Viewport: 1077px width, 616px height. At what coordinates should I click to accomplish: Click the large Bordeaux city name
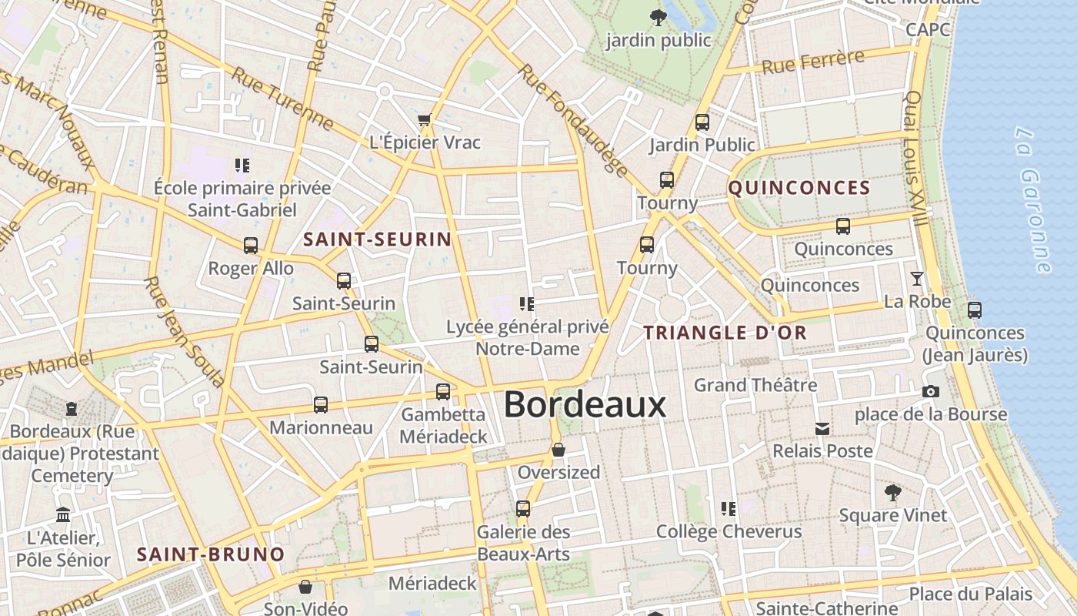(585, 404)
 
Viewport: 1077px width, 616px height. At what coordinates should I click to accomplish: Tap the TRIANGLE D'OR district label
(725, 333)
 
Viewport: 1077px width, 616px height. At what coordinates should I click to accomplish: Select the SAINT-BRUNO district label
(210, 554)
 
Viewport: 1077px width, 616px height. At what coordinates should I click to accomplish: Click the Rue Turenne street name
(282, 99)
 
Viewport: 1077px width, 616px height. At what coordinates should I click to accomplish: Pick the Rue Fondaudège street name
(572, 119)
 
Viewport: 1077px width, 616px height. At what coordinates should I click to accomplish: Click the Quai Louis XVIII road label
(916, 158)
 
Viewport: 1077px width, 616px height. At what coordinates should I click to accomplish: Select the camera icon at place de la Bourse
(931, 392)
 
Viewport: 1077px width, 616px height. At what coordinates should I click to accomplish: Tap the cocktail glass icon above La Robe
(916, 279)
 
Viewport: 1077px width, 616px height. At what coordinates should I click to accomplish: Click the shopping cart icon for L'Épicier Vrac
(424, 120)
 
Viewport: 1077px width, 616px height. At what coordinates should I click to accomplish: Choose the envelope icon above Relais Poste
(822, 429)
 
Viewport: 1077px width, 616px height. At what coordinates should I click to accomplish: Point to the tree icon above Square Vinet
(892, 492)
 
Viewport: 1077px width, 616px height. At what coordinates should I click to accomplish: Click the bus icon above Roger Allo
(251, 246)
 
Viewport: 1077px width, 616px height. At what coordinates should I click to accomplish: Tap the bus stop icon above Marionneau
(321, 405)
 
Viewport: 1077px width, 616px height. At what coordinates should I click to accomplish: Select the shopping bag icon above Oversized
(559, 450)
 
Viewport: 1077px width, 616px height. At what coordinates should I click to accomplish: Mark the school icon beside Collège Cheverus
(728, 509)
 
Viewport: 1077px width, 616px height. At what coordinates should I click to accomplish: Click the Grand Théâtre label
(755, 384)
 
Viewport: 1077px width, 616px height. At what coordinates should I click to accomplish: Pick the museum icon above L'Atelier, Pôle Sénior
(63, 514)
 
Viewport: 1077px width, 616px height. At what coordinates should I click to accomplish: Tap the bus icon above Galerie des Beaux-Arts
(523, 509)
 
